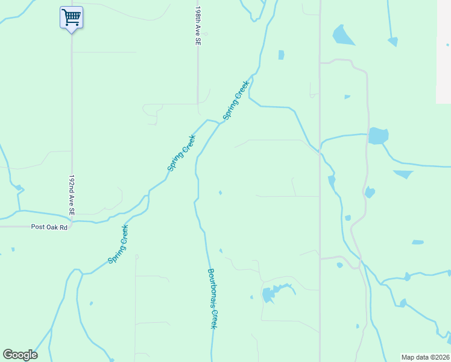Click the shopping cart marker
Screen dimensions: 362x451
click(71, 17)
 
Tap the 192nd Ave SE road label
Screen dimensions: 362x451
click(72, 195)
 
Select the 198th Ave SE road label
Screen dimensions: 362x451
click(197, 28)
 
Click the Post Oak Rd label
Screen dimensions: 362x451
click(49, 227)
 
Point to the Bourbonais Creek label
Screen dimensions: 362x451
click(212, 298)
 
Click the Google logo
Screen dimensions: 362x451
click(20, 355)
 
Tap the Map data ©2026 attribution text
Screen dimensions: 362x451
click(425, 357)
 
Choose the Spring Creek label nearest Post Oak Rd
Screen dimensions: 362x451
click(118, 244)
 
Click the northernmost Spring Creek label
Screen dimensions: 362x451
click(236, 100)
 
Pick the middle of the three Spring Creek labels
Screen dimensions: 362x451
click(181, 153)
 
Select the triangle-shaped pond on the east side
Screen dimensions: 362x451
click(403, 174)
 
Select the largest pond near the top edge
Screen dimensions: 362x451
click(342, 36)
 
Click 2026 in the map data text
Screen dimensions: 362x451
click(440, 357)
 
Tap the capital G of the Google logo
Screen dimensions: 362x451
click(8, 355)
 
